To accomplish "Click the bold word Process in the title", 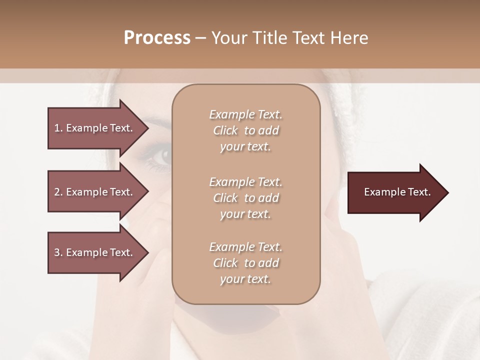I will pos(157,38).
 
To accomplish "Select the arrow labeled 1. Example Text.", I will pos(95,128).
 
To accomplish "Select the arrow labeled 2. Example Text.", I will pos(95,192).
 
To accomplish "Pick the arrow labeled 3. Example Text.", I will pos(95,252).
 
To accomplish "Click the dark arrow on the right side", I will pos(395,192).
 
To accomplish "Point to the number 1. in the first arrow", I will pos(58,128).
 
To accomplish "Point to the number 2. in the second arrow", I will pos(58,192).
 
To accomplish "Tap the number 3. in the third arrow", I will pos(58,252).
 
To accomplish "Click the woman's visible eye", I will pos(162,156).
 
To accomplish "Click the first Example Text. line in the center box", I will pos(245,114).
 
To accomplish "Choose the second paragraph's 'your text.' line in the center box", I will pos(245,214).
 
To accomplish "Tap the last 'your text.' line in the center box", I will pos(245,279).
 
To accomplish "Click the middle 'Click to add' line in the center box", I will pos(245,198).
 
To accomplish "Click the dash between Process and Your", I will pos(201,38).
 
